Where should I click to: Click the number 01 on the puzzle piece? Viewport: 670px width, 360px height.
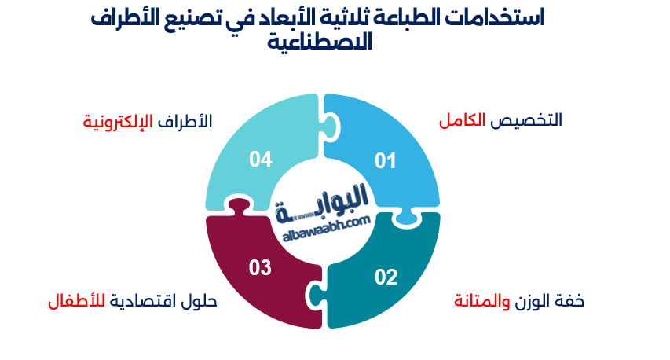point(385,162)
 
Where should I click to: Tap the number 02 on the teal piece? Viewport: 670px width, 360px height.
point(386,277)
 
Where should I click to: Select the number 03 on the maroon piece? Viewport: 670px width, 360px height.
point(260,268)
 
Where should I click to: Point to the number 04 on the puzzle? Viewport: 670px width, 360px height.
point(261,160)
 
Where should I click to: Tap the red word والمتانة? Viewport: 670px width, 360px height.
point(481,301)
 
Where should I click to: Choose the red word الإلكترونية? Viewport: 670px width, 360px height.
point(117,122)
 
